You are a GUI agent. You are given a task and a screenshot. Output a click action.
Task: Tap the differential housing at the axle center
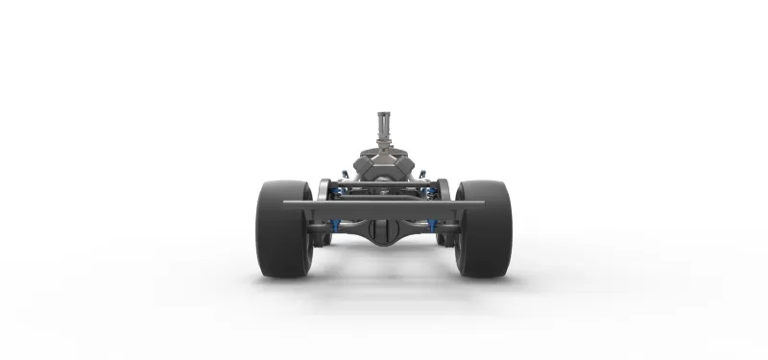[383, 230]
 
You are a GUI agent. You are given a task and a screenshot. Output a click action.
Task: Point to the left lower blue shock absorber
[334, 227]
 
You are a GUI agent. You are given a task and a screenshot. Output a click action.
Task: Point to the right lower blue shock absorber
[433, 227]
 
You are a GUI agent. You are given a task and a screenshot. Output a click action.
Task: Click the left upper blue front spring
[338, 191]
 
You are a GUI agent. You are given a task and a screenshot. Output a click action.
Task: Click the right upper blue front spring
[429, 191]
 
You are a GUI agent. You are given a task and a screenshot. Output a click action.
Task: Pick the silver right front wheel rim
[443, 189]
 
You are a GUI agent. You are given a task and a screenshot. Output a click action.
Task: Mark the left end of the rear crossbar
[287, 204]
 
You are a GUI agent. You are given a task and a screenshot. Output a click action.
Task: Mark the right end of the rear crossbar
[481, 204]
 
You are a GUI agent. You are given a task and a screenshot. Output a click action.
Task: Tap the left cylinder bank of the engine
[366, 168]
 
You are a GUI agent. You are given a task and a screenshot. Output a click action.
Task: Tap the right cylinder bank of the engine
[401, 168]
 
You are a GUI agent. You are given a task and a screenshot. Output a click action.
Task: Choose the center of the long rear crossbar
[384, 204]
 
